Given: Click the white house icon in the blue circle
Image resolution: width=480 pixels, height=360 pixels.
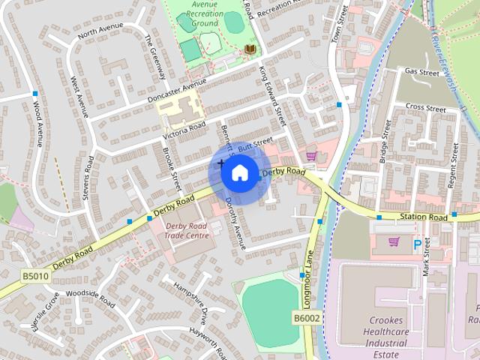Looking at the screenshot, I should click(x=239, y=172).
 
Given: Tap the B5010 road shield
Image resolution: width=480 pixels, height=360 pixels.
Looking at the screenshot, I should click(x=34, y=277).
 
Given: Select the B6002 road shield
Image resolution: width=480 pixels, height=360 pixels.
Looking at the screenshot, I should click(x=306, y=319).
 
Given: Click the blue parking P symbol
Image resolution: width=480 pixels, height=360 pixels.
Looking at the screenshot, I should click(x=417, y=244).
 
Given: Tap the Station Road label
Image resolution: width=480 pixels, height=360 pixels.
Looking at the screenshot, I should click(x=424, y=217).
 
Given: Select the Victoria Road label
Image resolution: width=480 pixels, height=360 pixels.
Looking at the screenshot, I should click(x=184, y=132).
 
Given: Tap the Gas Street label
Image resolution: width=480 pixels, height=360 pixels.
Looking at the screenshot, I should click(x=421, y=73).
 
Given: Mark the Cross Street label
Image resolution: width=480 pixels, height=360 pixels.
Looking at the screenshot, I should click(x=425, y=108).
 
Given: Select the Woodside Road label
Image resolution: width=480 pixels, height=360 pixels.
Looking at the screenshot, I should click(x=90, y=298).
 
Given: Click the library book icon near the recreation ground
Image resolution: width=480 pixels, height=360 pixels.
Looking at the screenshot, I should click(x=250, y=49).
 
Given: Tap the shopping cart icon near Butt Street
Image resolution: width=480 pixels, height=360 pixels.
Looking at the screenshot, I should click(x=310, y=156).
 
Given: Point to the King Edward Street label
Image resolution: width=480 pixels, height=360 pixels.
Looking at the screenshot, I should click(x=273, y=94).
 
